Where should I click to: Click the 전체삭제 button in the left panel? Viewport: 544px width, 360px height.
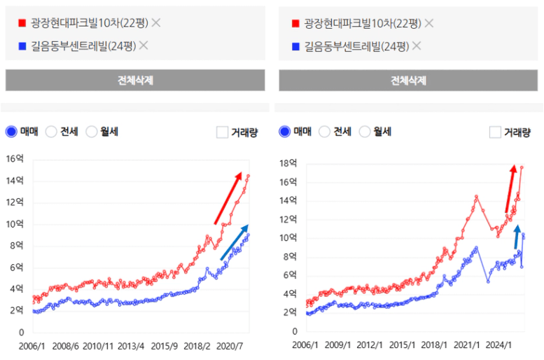point(135,80)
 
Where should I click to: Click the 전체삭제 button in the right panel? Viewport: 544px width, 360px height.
point(409,80)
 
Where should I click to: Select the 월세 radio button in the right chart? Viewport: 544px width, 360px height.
point(365,131)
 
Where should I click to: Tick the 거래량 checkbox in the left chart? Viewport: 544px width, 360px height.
point(223,132)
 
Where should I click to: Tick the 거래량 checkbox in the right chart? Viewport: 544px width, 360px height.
point(495,132)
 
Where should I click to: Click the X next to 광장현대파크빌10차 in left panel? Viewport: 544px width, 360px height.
point(156,23)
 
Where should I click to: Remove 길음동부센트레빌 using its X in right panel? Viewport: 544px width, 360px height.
point(417,46)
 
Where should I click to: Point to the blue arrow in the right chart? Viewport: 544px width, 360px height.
point(517,237)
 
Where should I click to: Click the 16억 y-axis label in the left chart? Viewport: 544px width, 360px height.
point(15,158)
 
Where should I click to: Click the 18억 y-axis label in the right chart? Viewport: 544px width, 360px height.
point(288,163)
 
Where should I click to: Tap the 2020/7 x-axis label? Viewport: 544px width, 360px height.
point(231,346)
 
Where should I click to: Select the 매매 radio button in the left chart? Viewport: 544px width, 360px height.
point(11,131)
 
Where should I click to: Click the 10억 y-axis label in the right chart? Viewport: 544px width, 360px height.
point(288,237)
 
